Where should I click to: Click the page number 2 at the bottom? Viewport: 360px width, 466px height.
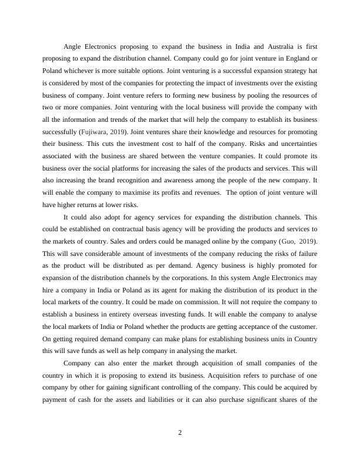tap(180, 433)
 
